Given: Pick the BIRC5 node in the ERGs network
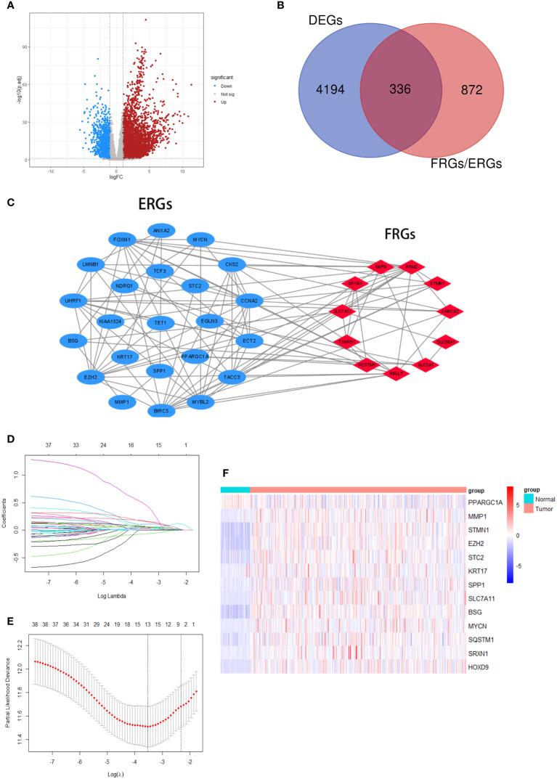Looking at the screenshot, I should point(161,411).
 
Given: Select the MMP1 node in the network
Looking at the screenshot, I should point(121,400).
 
